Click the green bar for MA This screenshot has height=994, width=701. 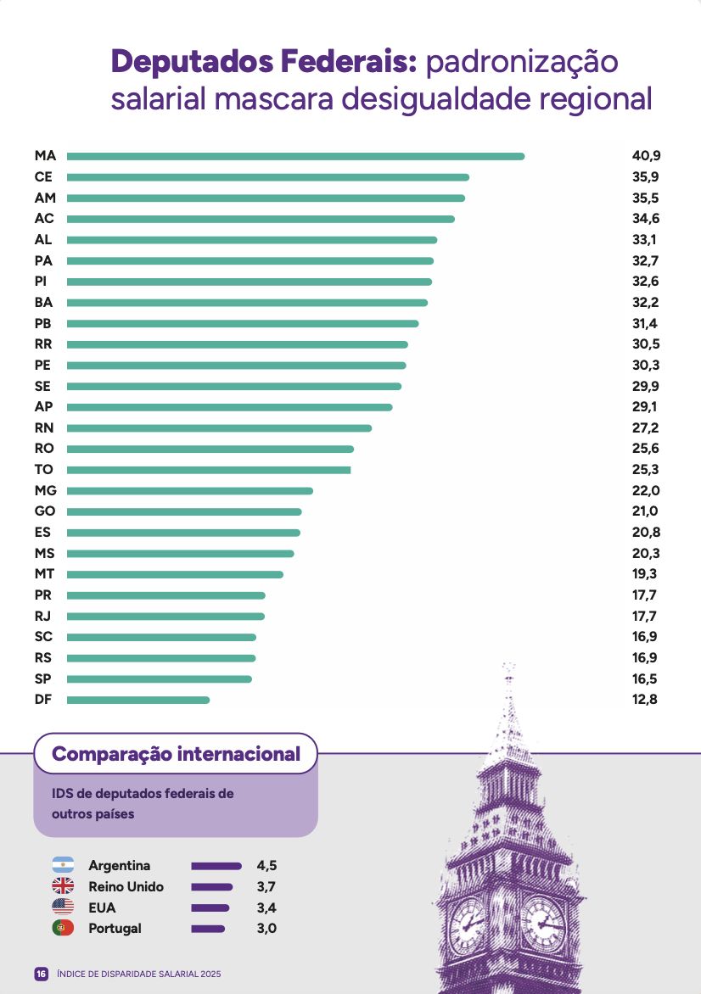point(295,156)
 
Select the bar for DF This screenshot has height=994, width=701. point(138,700)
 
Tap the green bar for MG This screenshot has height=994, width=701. point(190,491)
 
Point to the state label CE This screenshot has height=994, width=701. point(43,177)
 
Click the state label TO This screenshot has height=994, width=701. point(43,470)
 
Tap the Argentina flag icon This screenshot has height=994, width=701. point(63,866)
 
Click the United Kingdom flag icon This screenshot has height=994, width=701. point(63,887)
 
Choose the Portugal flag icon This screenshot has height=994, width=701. point(63,929)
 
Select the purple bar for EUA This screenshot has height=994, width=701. point(210,908)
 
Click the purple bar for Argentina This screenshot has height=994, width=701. point(216,866)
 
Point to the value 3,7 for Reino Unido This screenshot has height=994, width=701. point(266,887)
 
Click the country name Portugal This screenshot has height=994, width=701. point(115,929)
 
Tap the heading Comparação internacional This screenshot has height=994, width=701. point(176,754)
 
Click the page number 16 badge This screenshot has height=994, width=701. point(41,974)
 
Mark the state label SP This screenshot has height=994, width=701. point(43,679)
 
